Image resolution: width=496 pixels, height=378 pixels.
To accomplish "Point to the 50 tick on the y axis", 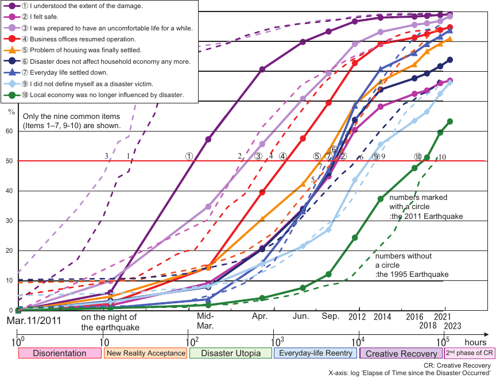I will [9, 161].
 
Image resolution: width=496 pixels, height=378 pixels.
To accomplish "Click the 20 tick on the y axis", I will [9, 250].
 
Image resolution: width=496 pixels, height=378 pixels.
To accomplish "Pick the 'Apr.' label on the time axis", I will [260, 317].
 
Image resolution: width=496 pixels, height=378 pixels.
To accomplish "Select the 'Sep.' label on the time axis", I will [330, 317].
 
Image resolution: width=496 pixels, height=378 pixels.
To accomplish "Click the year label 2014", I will [381, 317].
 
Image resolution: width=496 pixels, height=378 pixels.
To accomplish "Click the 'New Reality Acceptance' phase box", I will [146, 353].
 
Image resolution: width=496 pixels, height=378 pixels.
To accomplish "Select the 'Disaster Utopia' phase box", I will [230, 353].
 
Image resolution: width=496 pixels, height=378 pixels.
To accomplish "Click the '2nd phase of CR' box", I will [470, 353].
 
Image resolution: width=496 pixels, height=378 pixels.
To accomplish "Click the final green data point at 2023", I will [450, 121].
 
